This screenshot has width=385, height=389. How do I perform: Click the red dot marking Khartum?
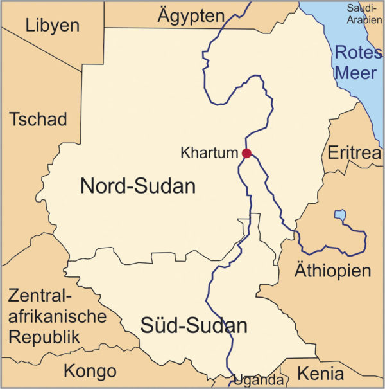[x=246, y=153]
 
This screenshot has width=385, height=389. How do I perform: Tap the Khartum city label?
[x=209, y=154]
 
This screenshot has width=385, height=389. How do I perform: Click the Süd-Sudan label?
[x=194, y=326]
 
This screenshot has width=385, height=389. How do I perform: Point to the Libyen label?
[x=52, y=25]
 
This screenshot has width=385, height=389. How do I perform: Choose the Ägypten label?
[x=191, y=16]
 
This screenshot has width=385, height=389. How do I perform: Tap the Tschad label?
[x=38, y=120]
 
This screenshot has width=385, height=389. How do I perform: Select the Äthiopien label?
[x=332, y=270]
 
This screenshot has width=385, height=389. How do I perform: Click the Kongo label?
[x=90, y=371]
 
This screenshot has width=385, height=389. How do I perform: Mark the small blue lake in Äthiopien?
[x=339, y=214]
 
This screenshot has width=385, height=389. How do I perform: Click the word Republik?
[x=44, y=337]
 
